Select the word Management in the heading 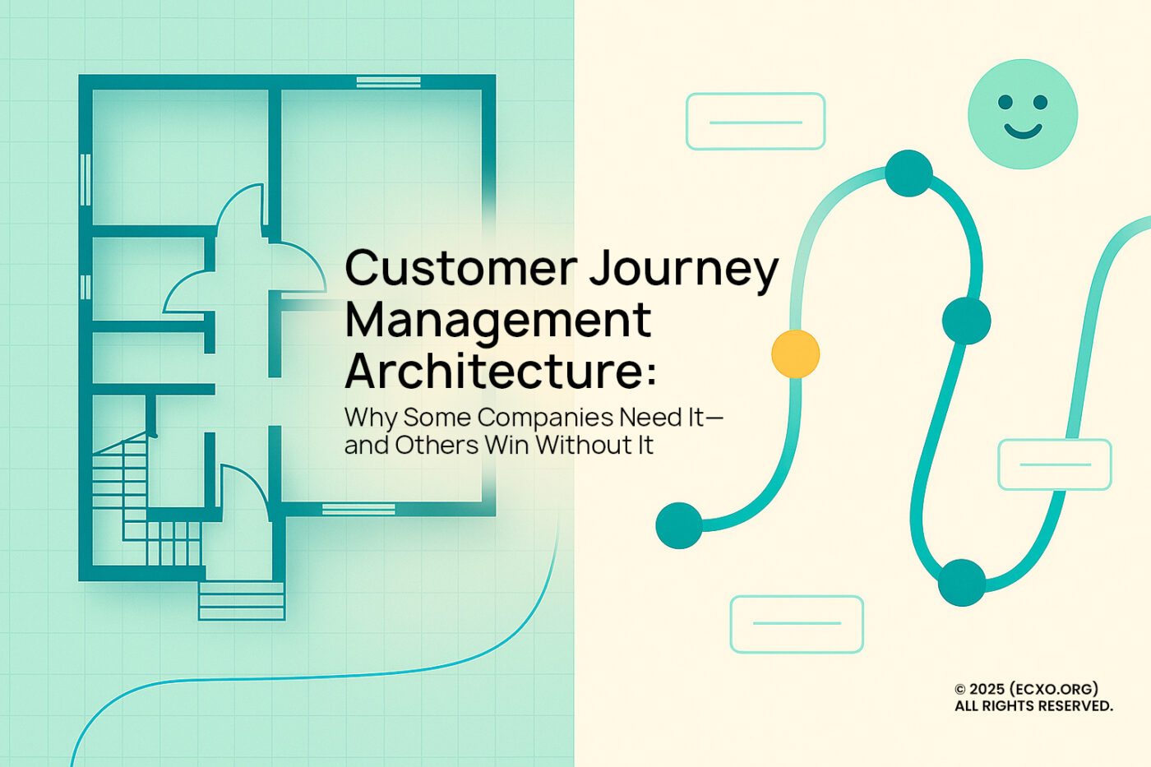point(498,321)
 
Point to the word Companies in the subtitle point(545,418)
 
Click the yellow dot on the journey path point(795,354)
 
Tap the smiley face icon point(1022,113)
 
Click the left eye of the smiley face point(1005,102)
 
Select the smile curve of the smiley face point(1022,131)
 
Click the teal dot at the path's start point(679,524)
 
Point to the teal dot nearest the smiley point(908,173)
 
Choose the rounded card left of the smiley point(755,122)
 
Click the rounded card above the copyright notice point(1054,464)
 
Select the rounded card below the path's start point(796,624)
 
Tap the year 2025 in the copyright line point(987,689)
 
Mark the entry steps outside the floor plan point(242,600)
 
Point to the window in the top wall point(388,81)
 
